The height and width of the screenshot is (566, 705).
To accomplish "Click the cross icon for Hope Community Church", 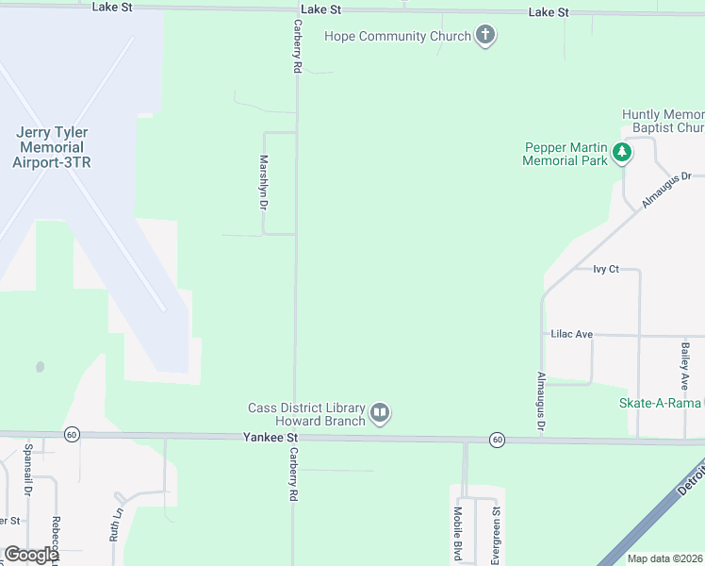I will (x=485, y=36).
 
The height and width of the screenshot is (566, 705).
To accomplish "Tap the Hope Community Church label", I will (x=397, y=37).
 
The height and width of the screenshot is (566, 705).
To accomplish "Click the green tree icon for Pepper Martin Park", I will (x=621, y=152).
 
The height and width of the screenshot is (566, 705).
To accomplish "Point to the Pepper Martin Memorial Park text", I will (x=566, y=154).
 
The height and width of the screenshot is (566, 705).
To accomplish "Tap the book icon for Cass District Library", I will (x=380, y=412).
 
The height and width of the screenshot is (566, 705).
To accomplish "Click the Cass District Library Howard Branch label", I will (x=306, y=414).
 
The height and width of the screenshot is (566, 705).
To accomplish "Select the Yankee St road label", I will (x=271, y=438).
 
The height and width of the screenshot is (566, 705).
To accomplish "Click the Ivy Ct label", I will (x=605, y=269).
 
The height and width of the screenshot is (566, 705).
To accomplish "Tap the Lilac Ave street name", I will (x=571, y=334).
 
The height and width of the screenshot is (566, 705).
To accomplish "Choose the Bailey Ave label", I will (x=685, y=366).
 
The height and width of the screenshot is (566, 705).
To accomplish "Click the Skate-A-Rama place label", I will (x=660, y=403).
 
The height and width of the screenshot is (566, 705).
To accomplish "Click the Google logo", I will (x=31, y=555).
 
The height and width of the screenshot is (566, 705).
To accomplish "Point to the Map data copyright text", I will (x=664, y=558).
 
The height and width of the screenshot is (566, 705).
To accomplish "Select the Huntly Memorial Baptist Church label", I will (x=664, y=121).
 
